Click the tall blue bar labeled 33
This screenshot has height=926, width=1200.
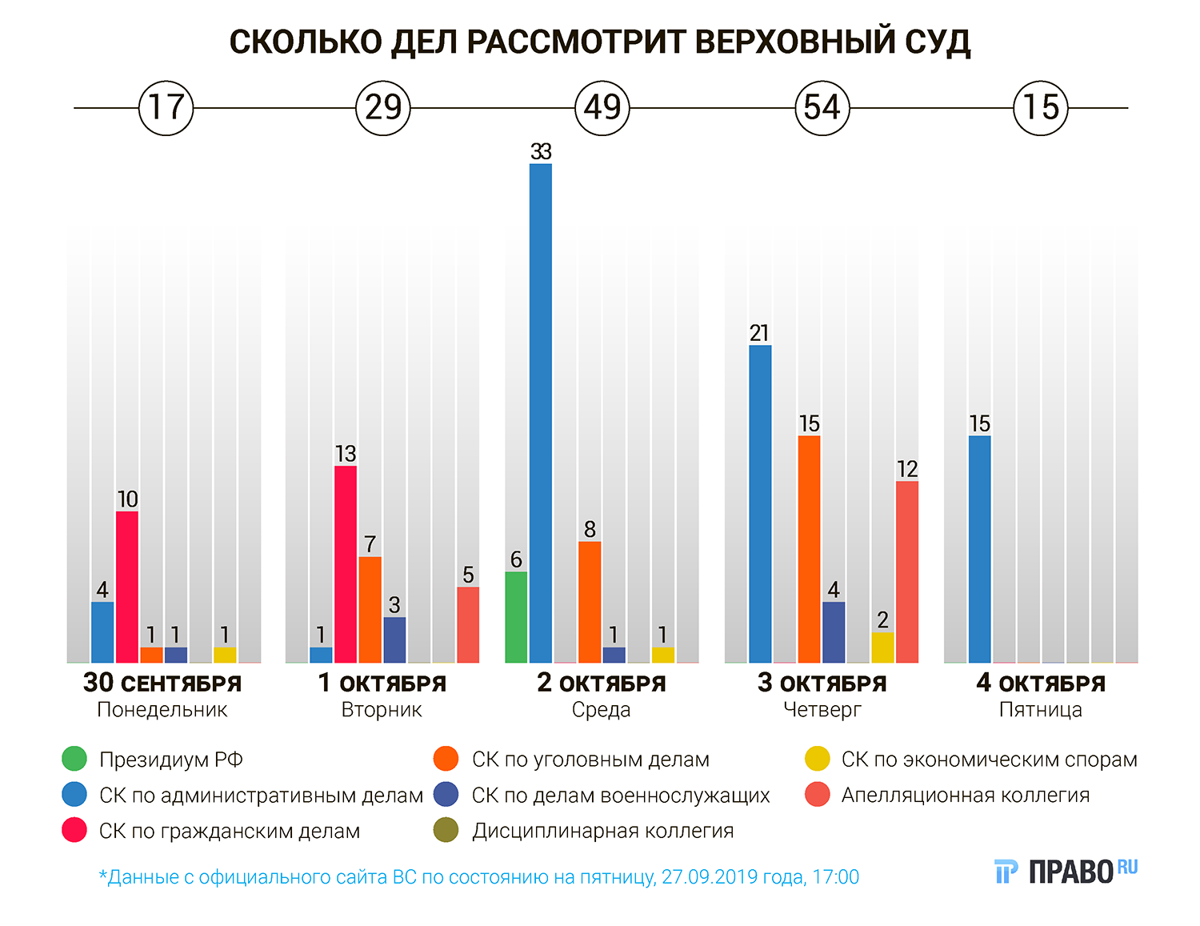tap(541, 413)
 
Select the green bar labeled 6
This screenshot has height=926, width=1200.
tap(516, 617)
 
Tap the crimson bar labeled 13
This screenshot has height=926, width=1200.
tap(346, 564)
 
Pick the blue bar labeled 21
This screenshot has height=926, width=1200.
tap(760, 504)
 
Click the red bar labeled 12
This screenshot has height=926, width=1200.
tap(907, 572)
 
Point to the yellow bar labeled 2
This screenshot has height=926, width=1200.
tap(882, 647)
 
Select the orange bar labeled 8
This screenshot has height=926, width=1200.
tap(590, 602)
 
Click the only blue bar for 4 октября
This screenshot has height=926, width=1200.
tap(980, 549)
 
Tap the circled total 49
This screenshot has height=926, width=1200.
tap(602, 107)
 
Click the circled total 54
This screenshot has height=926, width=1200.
tap(822, 107)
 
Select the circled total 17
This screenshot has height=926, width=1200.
tap(166, 107)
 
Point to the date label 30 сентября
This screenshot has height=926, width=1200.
tap(162, 683)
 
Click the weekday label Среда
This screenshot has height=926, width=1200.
tap(601, 710)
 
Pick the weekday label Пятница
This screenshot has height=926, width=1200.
tap(1040, 710)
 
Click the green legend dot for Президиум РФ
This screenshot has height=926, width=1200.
tap(74, 759)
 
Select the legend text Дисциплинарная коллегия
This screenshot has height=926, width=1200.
tap(602, 831)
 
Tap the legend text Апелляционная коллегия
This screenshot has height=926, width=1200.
tap(965, 795)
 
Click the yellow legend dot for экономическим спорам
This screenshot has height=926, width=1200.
tap(817, 759)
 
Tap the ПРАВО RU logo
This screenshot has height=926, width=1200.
tap(1066, 871)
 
